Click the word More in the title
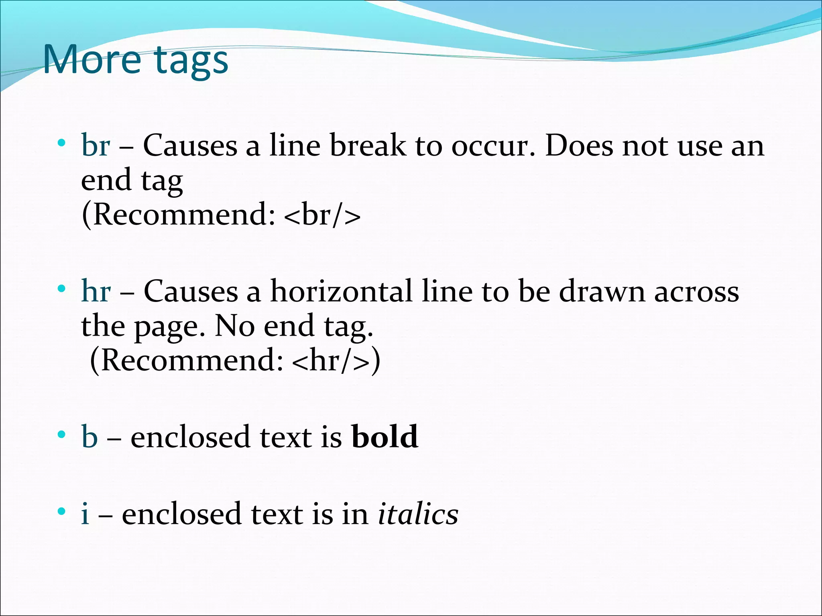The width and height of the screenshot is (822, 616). (x=92, y=59)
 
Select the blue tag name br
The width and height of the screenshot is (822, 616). (x=96, y=145)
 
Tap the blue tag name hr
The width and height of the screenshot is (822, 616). (x=96, y=291)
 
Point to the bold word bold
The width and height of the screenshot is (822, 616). (x=385, y=436)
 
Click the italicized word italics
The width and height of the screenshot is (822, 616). (x=418, y=514)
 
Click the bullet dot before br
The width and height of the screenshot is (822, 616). (x=61, y=143)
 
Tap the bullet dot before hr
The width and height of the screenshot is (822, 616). (x=61, y=288)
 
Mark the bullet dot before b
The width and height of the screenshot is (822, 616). (x=61, y=434)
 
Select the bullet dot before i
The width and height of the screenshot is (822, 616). (x=61, y=511)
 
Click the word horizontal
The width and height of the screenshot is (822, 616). (x=341, y=291)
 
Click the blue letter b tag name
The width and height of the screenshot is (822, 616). (x=90, y=436)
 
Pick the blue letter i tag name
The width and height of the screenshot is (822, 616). (x=85, y=514)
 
